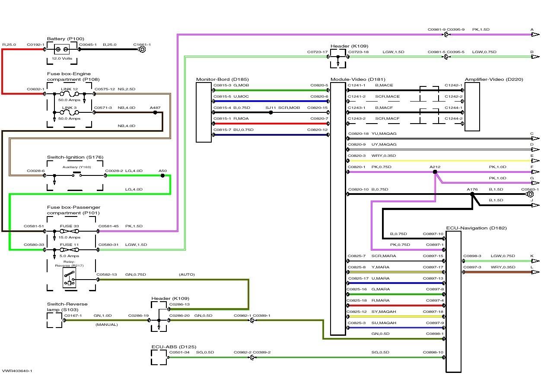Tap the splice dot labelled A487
point(155,112)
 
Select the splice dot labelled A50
point(162,175)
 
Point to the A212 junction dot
point(435,172)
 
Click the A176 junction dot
point(472,194)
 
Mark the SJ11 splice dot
point(270,112)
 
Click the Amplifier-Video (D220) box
point(472,106)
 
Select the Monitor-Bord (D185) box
point(204,112)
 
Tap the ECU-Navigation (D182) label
point(477,228)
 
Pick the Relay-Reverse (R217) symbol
point(69,277)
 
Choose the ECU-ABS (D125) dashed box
point(159,357)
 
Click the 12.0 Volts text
point(62,58)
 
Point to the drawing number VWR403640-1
point(17,371)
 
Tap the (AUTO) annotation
point(187,274)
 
